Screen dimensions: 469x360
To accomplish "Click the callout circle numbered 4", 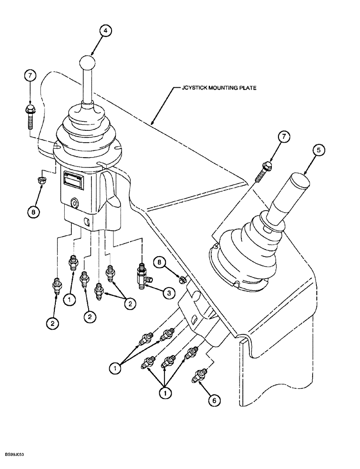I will click(105, 31).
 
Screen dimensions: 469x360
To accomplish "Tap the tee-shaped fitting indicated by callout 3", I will click(142, 274).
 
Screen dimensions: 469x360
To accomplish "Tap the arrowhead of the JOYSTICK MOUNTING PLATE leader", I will click(152, 124).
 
